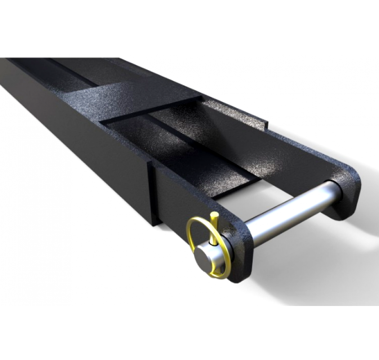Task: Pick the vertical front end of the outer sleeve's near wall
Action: pos(153,193)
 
